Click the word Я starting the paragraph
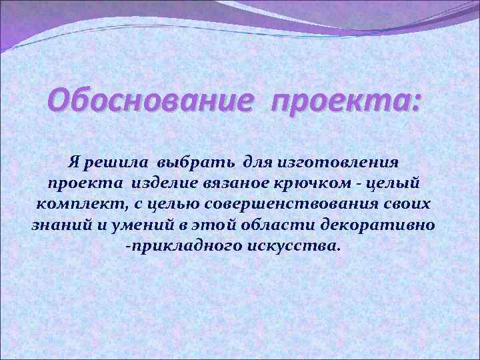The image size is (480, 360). click(75, 161)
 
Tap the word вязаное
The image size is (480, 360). click(237, 182)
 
